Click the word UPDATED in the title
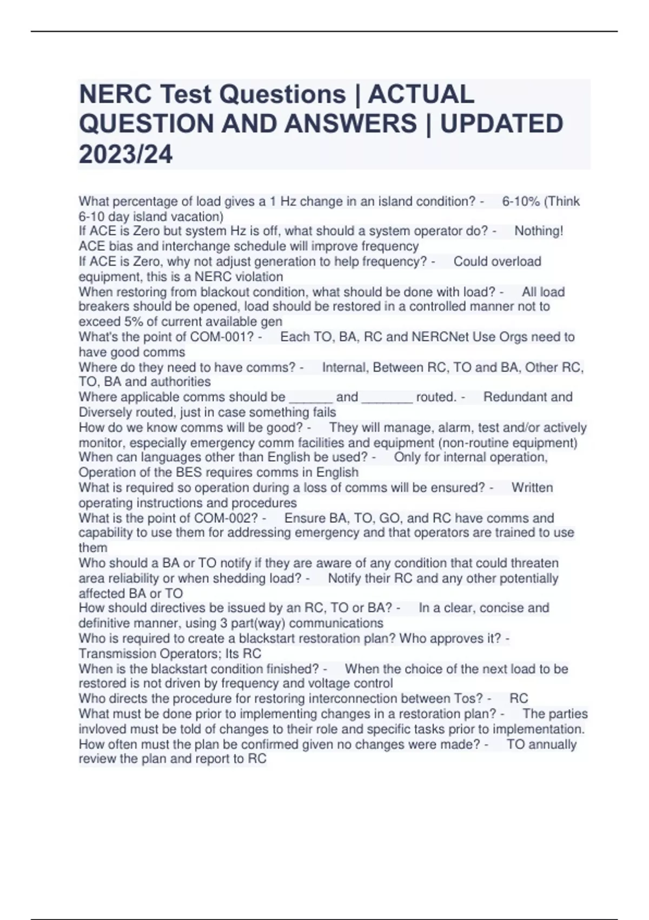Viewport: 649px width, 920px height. click(502, 124)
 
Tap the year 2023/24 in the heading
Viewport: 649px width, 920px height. click(125, 154)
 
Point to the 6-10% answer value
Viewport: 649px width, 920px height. click(521, 202)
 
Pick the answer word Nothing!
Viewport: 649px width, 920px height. click(539, 231)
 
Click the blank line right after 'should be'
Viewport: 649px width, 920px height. click(311, 398)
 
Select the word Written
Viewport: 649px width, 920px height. click(532, 488)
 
